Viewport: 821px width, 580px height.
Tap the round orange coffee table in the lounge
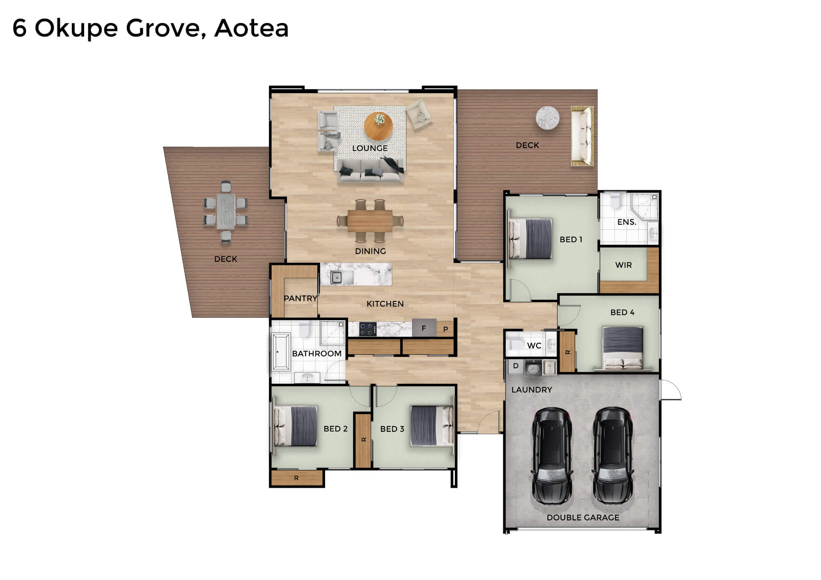(378, 126)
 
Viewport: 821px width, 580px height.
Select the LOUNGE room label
(370, 148)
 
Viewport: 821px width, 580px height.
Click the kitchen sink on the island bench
(336, 278)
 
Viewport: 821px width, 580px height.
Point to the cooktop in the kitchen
(368, 329)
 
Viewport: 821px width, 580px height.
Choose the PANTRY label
(300, 298)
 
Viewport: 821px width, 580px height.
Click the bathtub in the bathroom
(281, 352)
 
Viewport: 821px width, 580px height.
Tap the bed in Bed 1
(530, 238)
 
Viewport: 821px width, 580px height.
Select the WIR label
(623, 265)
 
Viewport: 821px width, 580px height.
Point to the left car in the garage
(552, 455)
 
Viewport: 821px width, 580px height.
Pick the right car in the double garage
(612, 455)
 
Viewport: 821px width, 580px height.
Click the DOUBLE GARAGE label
(583, 518)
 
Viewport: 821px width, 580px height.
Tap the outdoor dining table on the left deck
(226, 211)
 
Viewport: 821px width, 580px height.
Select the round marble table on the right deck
(548, 118)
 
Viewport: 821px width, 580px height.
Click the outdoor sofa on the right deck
(582, 136)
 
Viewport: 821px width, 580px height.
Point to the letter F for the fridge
(424, 328)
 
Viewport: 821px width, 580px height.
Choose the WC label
(534, 346)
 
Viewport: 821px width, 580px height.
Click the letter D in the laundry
(516, 366)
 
